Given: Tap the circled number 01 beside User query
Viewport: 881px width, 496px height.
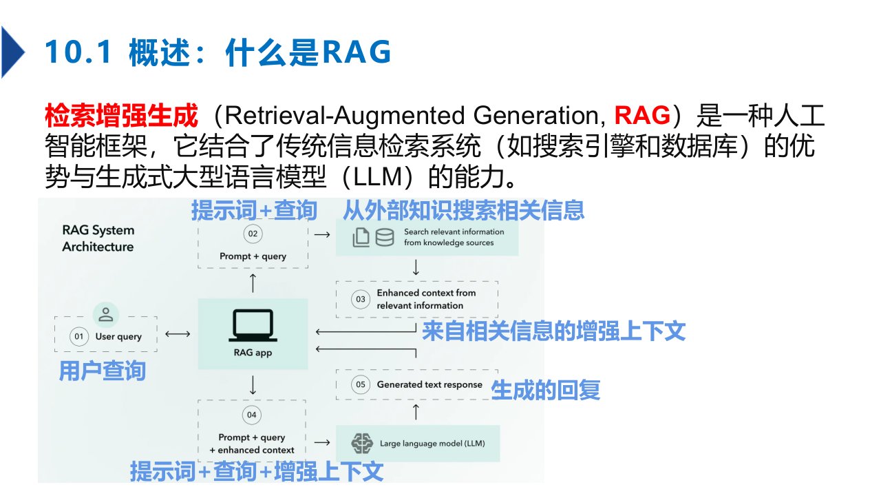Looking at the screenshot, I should [x=80, y=337].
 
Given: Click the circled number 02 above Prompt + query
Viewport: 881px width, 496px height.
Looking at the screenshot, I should [x=253, y=234].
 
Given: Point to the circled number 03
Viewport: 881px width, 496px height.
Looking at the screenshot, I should [x=360, y=299].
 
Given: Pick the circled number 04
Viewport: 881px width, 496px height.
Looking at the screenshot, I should [x=252, y=415].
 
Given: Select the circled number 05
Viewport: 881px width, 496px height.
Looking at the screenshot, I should [x=361, y=384].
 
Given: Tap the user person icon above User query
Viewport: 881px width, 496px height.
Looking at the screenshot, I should [x=106, y=315].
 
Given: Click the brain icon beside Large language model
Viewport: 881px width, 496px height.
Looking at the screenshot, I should [x=361, y=442].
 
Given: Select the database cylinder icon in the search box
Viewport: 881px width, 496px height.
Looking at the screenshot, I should [x=384, y=237].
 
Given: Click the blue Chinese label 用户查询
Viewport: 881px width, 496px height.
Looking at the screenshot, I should [x=102, y=371].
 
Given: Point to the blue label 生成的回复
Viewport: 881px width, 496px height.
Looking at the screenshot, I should [x=545, y=391].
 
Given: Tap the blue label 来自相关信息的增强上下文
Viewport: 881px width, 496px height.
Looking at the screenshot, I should [x=553, y=331].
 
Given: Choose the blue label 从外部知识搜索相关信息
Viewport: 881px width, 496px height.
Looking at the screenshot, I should [x=463, y=209].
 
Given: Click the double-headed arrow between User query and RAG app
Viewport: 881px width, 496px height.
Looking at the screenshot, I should [x=178, y=335].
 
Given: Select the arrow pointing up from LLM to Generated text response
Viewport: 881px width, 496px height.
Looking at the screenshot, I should [x=416, y=412].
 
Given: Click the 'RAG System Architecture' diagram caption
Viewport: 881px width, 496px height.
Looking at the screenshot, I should [x=98, y=238].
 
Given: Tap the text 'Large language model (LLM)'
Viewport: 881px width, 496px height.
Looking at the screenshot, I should [x=432, y=443].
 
